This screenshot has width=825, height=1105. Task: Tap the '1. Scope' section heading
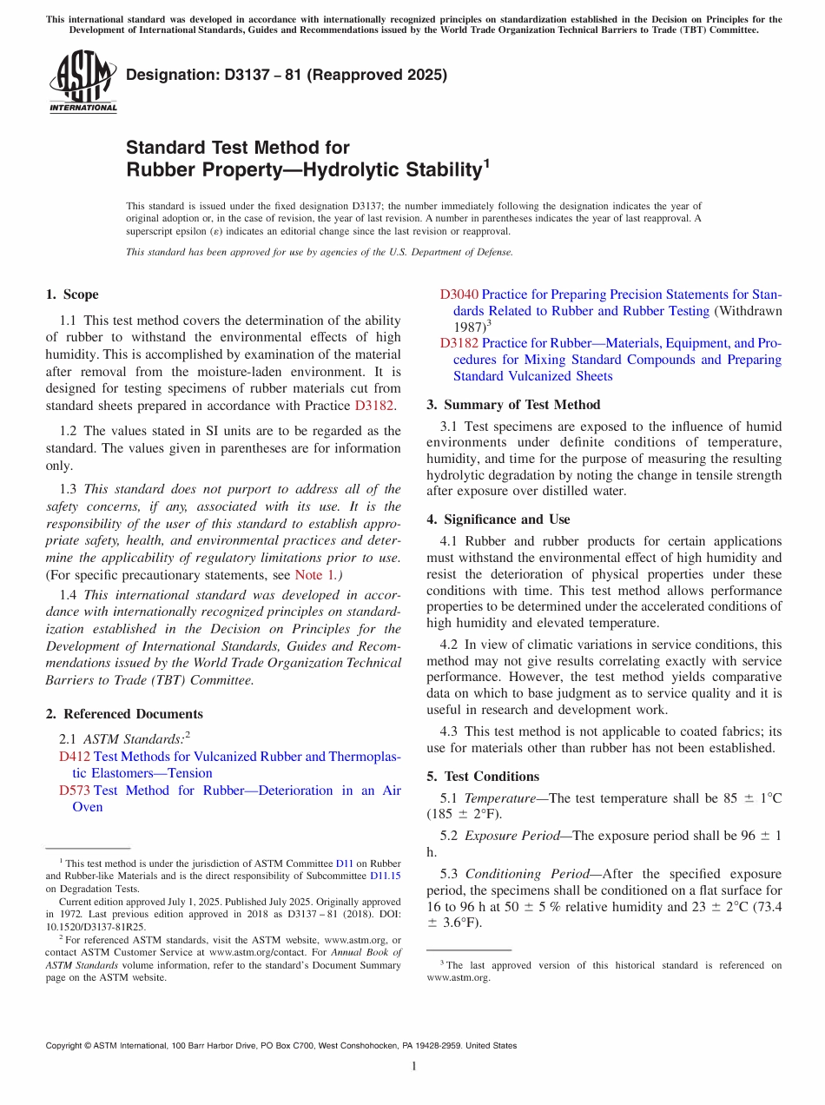click(72, 294)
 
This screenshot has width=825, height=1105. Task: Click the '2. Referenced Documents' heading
click(124, 714)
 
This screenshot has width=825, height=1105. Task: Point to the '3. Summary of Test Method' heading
click(513, 405)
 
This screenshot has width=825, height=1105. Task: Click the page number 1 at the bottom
click(413, 1066)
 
